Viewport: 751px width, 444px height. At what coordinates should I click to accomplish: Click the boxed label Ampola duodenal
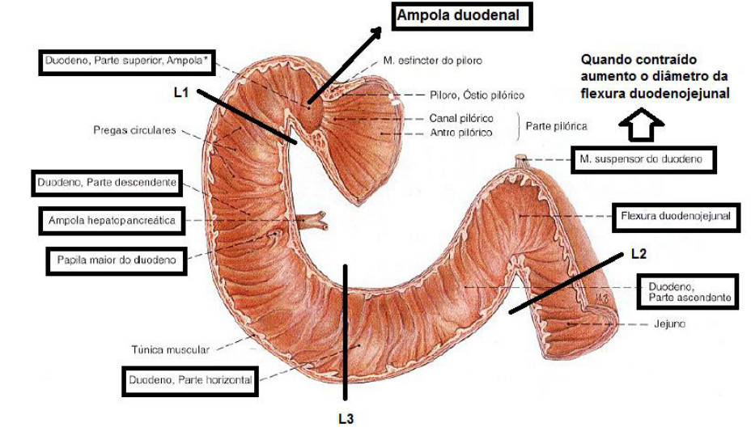(462, 17)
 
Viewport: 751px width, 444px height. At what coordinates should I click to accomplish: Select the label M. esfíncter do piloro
(432, 61)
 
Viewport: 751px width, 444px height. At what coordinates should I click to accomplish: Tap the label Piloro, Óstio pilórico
(477, 95)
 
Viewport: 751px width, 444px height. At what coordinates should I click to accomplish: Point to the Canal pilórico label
(460, 118)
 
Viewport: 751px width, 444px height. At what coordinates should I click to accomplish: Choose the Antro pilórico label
(460, 133)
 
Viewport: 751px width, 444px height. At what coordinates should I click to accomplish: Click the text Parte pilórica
(556, 126)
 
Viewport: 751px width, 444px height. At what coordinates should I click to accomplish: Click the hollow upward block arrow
(641, 125)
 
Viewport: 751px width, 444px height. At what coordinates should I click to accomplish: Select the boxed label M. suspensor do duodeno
(643, 159)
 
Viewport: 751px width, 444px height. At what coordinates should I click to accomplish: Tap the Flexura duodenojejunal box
(676, 217)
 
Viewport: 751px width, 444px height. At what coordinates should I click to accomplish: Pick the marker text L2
(639, 254)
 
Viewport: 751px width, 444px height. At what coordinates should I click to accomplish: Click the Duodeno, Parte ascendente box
(687, 291)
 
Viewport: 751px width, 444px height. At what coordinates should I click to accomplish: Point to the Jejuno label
(669, 324)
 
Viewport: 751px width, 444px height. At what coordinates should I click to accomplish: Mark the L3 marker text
(346, 419)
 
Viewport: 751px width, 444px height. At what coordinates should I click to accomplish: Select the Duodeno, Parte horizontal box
(190, 381)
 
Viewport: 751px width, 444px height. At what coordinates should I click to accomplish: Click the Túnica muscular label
(170, 349)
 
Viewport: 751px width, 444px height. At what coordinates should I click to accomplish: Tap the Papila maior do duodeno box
(117, 260)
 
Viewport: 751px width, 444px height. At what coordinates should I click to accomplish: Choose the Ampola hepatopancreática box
(112, 221)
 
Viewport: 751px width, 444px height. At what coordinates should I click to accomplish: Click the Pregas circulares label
(134, 130)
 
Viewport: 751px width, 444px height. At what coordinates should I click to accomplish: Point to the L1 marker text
(181, 93)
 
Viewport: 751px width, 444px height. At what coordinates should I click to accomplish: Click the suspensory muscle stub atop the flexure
(522, 161)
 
